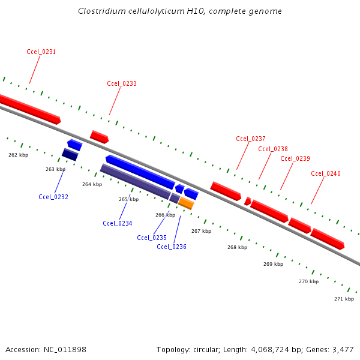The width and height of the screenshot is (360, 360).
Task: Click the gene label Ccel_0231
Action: pyautogui.click(x=41, y=52)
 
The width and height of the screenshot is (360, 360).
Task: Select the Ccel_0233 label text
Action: pyautogui.click(x=122, y=83)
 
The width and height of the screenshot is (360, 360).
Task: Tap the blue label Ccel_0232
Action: pyautogui.click(x=53, y=197)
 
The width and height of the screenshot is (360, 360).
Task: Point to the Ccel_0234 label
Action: pyautogui.click(x=118, y=223)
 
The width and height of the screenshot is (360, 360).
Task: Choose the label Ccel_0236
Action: pyautogui.click(x=172, y=247)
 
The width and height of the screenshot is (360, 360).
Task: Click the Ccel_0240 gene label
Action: pyautogui.click(x=326, y=173)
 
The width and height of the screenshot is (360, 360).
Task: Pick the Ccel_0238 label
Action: pyautogui.click(x=273, y=149)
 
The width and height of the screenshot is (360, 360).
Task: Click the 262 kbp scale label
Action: pyautogui.click(x=18, y=155)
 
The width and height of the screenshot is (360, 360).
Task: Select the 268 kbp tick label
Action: pyautogui.click(x=237, y=247)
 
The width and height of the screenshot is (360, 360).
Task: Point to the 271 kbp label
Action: pyautogui.click(x=344, y=299)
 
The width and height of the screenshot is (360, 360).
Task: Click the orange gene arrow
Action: pyautogui.click(x=186, y=203)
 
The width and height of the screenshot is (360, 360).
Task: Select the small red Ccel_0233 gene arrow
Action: pyautogui.click(x=99, y=137)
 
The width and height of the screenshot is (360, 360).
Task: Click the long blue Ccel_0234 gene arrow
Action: pyautogui.click(x=140, y=172)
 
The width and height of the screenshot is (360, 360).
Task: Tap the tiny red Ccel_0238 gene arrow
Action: pyautogui.click(x=247, y=201)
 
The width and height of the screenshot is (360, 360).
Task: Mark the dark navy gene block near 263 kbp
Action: pyautogui.click(x=70, y=154)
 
